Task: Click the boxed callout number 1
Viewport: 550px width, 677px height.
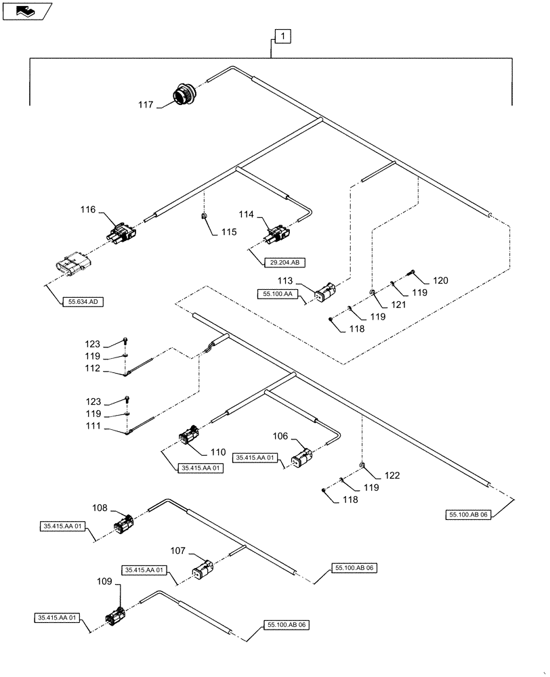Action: (282, 37)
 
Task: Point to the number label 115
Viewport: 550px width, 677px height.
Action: (228, 232)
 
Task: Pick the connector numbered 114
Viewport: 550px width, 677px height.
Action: (277, 234)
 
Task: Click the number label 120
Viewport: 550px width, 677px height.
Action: (440, 280)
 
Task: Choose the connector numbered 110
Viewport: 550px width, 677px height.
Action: (188, 437)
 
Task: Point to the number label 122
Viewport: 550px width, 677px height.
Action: (393, 475)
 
